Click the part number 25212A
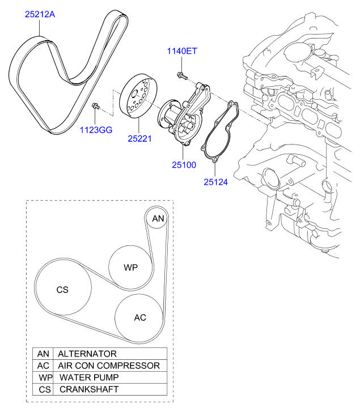(40, 14)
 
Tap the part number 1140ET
(182, 51)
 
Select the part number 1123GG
(96, 130)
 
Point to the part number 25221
(140, 138)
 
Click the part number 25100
(184, 165)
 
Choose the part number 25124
(216, 182)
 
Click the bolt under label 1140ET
(182, 76)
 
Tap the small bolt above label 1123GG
(96, 106)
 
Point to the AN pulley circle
(157, 218)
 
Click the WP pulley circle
(130, 267)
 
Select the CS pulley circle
(63, 287)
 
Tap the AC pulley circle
(139, 317)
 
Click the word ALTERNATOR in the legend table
(87, 354)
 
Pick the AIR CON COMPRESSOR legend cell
(110, 366)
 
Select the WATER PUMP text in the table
(89, 377)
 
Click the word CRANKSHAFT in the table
(89, 389)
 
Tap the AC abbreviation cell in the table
(43, 366)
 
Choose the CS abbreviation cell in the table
(43, 389)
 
